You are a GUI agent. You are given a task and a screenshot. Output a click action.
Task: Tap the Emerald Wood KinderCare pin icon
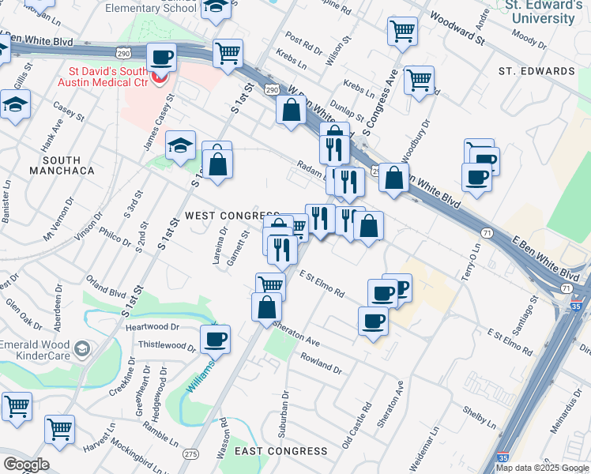(x=81, y=348)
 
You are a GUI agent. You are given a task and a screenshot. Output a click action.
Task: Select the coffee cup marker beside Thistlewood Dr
(x=215, y=340)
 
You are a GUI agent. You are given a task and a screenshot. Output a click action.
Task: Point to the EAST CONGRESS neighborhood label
(x=281, y=451)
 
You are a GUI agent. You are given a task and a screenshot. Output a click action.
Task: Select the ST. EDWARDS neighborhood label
(x=536, y=71)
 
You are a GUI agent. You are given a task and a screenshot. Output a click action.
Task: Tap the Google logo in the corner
(x=25, y=465)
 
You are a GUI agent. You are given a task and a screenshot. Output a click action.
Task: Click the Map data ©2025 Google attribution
(x=543, y=468)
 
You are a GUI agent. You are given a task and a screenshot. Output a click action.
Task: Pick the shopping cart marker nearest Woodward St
(x=402, y=31)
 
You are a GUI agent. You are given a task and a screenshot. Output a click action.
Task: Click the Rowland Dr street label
(x=321, y=363)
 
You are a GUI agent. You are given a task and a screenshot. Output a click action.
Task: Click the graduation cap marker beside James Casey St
(x=180, y=145)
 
